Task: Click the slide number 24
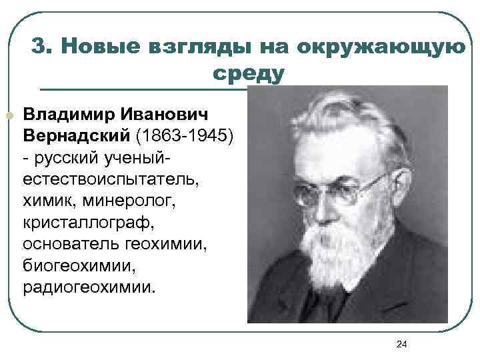coord(401,343)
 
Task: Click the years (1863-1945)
coord(185,135)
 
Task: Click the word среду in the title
coord(249,72)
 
